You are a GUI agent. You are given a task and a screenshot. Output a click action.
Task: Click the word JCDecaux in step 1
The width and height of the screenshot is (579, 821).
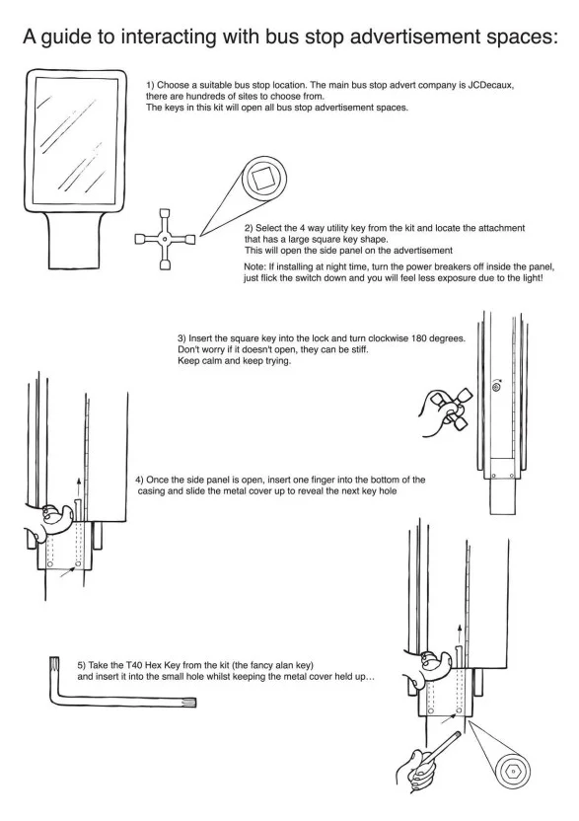tap(490, 85)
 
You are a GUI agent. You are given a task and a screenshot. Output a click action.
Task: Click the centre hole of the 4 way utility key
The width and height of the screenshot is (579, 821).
tap(165, 239)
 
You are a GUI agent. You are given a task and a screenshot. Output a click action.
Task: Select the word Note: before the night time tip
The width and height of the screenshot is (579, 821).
tap(254, 267)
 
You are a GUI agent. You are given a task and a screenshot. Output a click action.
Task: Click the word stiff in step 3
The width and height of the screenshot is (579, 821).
tap(361, 349)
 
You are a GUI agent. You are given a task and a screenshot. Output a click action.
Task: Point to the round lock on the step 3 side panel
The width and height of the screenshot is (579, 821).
tap(496, 387)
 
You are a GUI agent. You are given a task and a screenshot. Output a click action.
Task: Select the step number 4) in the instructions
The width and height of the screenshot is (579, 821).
tap(139, 480)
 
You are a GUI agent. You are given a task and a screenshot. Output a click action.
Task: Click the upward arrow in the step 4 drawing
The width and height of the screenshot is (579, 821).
tap(79, 485)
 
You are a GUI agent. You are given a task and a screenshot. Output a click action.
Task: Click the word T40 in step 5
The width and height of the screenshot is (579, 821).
tap(134, 665)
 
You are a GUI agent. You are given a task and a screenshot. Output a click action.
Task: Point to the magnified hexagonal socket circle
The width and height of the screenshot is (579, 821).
tap(513, 771)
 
